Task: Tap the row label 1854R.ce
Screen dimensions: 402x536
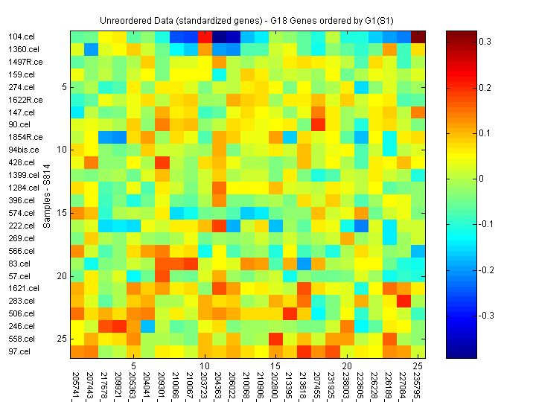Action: coord(25,137)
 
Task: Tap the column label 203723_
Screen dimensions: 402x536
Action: coord(203,385)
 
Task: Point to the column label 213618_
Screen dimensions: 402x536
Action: coord(303,385)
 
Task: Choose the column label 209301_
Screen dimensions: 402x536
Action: coord(161,385)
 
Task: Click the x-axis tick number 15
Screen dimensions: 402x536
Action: coord(275,366)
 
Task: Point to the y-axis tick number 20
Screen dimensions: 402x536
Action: coord(63,275)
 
